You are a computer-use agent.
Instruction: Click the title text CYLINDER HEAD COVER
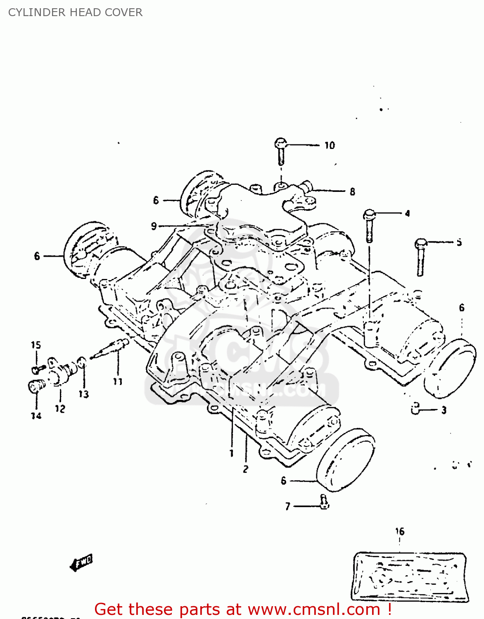tap(75, 12)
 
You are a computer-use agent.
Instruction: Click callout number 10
tap(329, 145)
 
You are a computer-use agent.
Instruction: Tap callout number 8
tap(352, 191)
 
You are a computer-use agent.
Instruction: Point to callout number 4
tap(407, 213)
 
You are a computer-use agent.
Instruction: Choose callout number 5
tap(459, 242)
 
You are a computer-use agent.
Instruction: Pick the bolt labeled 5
tap(420, 256)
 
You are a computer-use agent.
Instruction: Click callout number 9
tap(154, 226)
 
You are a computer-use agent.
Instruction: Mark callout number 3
tap(444, 410)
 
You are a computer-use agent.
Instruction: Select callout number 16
tap(400, 532)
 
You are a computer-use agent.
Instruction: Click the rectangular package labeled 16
tap(410, 576)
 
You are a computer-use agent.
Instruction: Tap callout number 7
tap(288, 506)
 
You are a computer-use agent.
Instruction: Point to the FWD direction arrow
tap(81, 562)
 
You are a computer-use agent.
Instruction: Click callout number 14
tap(36, 416)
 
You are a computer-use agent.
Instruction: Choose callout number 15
tap(36, 345)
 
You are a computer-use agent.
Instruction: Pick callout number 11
tap(118, 382)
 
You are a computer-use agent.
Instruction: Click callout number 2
tap(246, 469)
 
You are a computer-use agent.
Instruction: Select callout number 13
tap(84, 395)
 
